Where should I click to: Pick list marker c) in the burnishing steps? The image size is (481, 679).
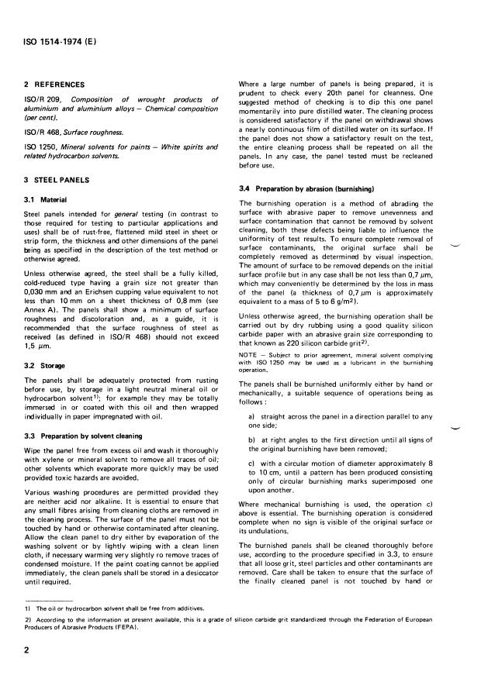click(x=252, y=464)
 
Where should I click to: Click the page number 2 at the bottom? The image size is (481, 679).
click(x=26, y=651)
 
